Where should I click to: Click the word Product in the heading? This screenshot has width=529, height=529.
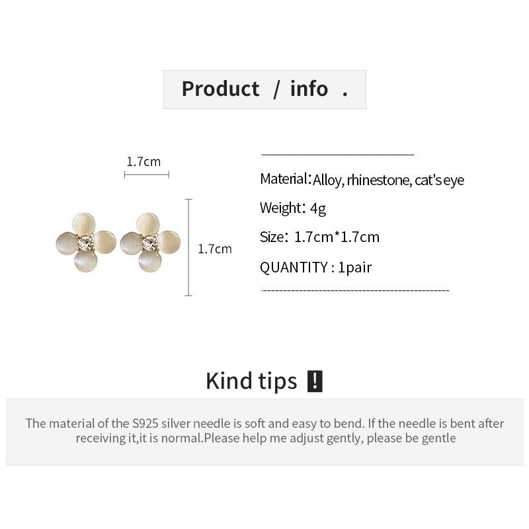[x=220, y=89]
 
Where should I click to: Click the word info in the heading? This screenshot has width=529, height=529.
[x=309, y=89]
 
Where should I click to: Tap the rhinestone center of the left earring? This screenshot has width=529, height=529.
[x=86, y=243]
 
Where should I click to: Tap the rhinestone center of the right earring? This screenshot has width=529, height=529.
[x=150, y=243]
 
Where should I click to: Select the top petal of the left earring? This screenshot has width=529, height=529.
[x=84, y=224]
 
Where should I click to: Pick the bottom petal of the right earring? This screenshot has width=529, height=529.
[x=150, y=261]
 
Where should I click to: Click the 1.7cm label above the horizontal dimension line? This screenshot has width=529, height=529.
[x=143, y=162]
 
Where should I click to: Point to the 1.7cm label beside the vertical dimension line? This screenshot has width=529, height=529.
[x=215, y=249]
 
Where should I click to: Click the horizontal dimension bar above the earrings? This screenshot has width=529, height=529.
[x=146, y=175]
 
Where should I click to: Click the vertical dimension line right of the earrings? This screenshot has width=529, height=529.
[x=188, y=247]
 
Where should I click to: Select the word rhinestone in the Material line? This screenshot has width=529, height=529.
[x=378, y=180]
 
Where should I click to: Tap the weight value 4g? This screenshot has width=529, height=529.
[x=318, y=209]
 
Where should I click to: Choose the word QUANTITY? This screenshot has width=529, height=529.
[x=294, y=268]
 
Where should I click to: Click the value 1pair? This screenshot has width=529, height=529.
[x=354, y=268]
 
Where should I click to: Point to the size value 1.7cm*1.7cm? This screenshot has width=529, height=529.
[x=337, y=237]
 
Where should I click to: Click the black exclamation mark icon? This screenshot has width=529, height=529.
[x=315, y=382]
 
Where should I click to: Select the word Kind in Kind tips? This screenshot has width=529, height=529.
[x=229, y=381]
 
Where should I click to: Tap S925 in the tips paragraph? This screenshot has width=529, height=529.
[x=145, y=423]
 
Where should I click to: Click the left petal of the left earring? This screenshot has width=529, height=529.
[x=67, y=243]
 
